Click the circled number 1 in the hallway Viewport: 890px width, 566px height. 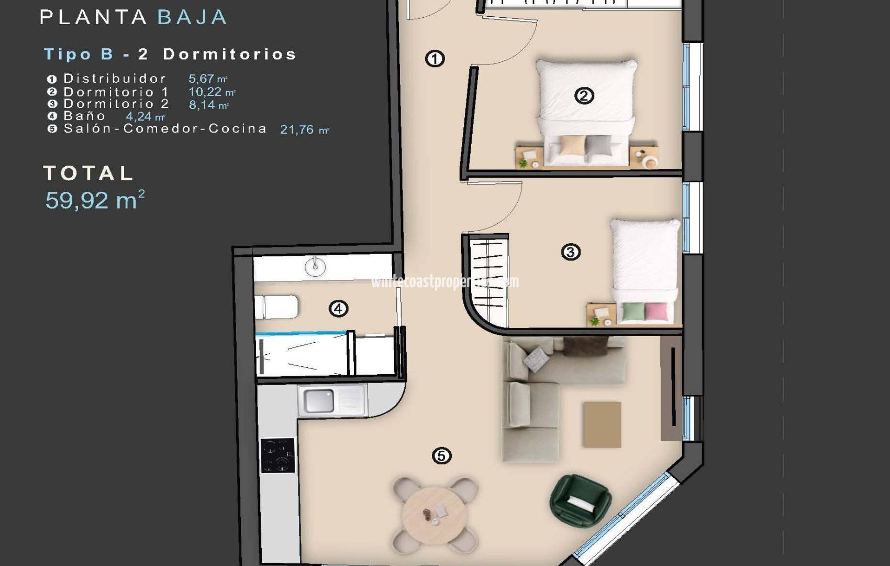(435, 59)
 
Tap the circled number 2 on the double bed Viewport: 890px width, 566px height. (584, 96)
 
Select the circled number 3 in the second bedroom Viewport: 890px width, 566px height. (570, 252)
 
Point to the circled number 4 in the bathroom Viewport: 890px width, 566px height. (338, 309)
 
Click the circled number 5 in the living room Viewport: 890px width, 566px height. (441, 456)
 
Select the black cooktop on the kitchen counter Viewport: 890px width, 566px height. (277, 455)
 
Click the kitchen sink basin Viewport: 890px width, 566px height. (319, 401)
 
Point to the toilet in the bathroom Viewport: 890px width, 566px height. (276, 307)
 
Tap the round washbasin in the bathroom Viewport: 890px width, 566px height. (315, 267)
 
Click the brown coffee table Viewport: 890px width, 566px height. (602, 424)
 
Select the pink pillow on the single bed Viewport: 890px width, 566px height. (656, 312)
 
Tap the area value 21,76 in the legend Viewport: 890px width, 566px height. (297, 129)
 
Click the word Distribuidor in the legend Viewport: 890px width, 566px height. (115, 79)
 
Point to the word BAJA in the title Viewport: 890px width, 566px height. (192, 17)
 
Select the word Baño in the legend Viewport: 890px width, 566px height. (85, 116)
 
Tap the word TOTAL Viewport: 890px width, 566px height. (88, 173)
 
